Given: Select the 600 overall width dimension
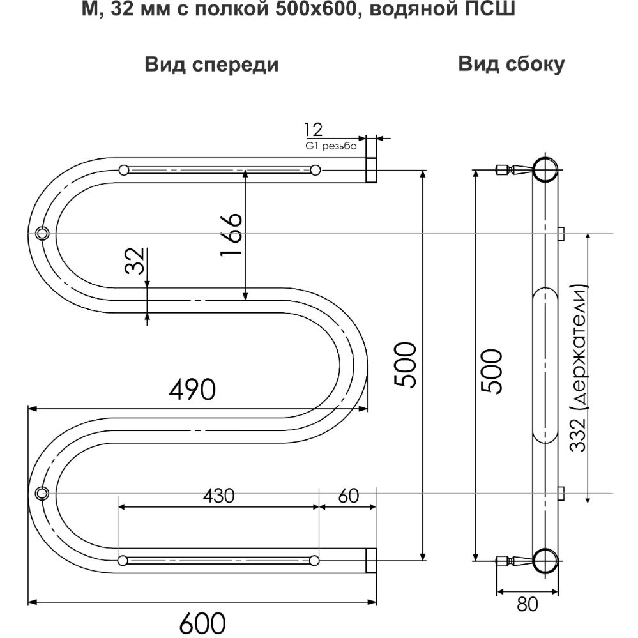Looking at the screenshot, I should [x=202, y=621].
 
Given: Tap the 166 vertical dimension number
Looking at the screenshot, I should [x=231, y=235].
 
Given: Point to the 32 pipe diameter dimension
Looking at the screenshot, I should [x=135, y=261].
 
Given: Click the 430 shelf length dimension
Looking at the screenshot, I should [x=218, y=496].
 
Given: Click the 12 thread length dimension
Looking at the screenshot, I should [x=314, y=130].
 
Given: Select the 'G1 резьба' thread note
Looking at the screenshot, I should [x=331, y=146].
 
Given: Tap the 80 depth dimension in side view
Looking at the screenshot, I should [x=528, y=603].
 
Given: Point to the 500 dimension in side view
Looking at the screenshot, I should [x=492, y=370].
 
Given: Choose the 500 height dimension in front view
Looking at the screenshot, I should [x=406, y=365].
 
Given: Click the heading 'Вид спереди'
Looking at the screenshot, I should [x=211, y=65].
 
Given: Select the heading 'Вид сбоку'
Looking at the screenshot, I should [x=511, y=65].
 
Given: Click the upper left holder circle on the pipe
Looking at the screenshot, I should [x=43, y=232].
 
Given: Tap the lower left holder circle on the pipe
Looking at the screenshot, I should [x=43, y=493].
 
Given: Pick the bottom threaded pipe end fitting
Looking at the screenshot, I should [x=370, y=560].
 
